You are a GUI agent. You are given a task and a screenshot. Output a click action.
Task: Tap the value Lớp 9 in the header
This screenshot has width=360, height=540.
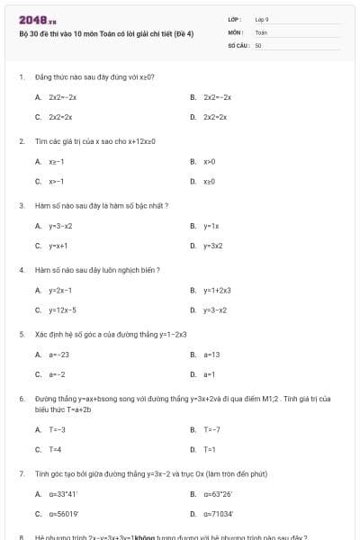coord(262,19)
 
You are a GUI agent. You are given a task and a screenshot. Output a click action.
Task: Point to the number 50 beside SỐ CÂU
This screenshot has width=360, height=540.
coord(257,44)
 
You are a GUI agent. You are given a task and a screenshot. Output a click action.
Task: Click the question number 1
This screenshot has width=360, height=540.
coord(21,77)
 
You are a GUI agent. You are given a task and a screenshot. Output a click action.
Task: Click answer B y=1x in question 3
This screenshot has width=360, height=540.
coord(211,226)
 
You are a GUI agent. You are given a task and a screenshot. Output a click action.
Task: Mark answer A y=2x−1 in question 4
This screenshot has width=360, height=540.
coord(60,291)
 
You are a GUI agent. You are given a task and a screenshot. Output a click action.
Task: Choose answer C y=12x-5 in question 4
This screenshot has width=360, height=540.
coord(63,310)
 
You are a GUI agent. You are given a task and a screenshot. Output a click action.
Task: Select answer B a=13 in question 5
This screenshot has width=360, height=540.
coord(211,355)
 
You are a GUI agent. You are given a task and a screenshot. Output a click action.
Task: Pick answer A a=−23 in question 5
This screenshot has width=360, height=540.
coord(58,355)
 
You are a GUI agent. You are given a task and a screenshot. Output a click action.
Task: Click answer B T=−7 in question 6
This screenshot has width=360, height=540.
coord(211,429)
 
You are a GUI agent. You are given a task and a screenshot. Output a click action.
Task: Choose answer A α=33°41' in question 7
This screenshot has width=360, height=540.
coord(63,494)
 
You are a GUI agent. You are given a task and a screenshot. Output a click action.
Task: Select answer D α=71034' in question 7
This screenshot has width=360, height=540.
coord(219,514)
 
